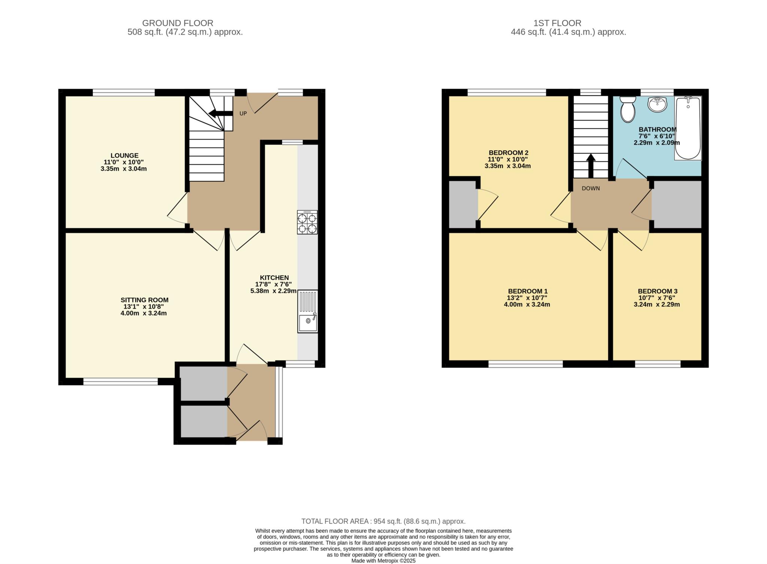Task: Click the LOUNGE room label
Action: click(124, 155)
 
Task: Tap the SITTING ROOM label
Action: click(145, 300)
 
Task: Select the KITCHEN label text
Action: click(275, 278)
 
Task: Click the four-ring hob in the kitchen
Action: click(307, 222)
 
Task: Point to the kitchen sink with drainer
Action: click(307, 311)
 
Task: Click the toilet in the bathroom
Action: click(628, 109)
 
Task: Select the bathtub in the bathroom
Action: click(688, 128)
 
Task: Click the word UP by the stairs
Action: click(243, 113)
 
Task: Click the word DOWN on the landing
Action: click(591, 188)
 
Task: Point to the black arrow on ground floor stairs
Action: click(221, 113)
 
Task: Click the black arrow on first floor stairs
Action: click(591, 166)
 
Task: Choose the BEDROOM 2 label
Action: click(508, 153)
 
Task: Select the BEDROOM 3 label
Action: click(657, 291)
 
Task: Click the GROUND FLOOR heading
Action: click(178, 23)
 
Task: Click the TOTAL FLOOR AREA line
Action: click(383, 521)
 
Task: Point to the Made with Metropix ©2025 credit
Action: click(383, 561)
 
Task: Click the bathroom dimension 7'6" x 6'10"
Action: click(657, 136)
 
